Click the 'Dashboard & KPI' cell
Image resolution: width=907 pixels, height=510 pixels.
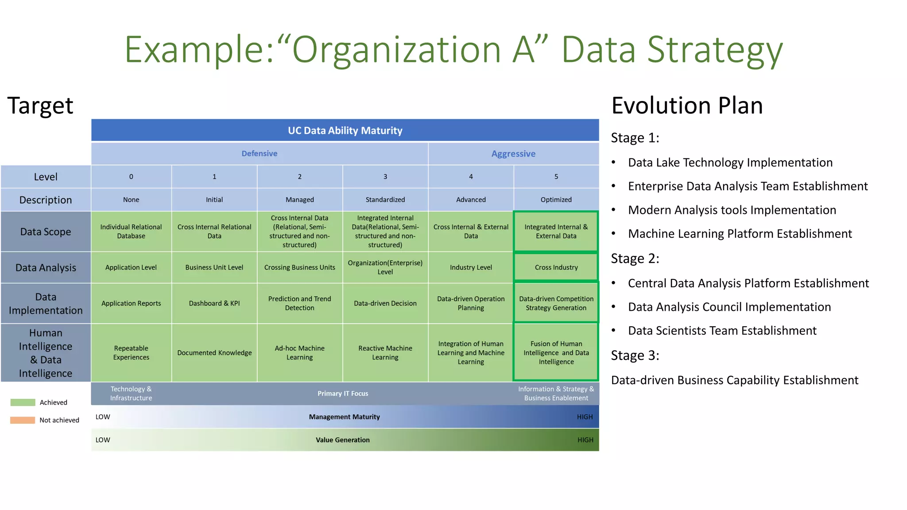click(x=214, y=303)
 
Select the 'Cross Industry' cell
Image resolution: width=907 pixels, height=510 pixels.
click(x=556, y=267)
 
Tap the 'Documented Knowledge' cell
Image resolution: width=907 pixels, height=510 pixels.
click(x=214, y=353)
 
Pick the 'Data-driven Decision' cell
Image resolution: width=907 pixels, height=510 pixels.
click(x=385, y=303)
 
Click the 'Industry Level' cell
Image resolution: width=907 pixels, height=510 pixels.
click(x=471, y=267)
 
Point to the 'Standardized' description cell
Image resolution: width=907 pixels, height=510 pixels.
click(x=385, y=200)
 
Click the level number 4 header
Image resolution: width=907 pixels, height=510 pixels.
click(x=471, y=177)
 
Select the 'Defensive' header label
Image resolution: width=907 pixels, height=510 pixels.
click(x=260, y=154)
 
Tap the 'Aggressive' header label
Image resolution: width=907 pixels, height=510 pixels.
click(x=513, y=154)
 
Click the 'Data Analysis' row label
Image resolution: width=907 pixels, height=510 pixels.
click(x=46, y=268)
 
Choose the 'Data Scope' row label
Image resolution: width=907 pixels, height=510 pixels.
click(x=46, y=232)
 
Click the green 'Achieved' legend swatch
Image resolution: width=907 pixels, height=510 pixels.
click(x=23, y=402)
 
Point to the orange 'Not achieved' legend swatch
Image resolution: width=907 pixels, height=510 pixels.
click(x=23, y=420)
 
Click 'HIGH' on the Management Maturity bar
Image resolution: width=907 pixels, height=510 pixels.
click(x=585, y=417)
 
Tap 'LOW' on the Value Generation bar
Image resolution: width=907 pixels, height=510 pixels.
click(x=103, y=440)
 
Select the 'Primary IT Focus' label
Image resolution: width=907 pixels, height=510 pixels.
click(x=343, y=394)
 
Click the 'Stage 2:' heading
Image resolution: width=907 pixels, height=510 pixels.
click(x=635, y=259)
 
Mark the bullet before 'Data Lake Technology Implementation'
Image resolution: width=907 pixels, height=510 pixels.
click(x=614, y=162)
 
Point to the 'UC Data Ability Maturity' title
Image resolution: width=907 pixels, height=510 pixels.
click(x=345, y=131)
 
